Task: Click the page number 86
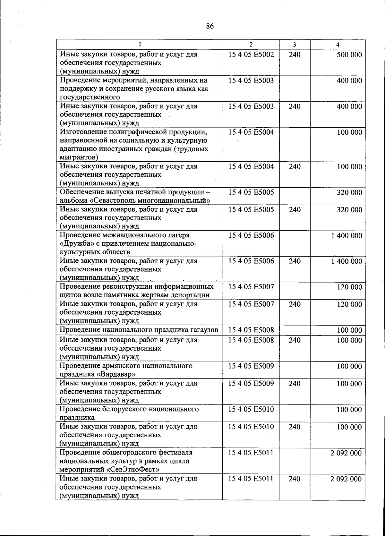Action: tap(210, 26)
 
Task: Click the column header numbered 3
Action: tap(294, 45)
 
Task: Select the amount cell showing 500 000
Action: tap(349, 55)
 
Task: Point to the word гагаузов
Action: tap(204, 330)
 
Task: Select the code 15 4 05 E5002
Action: tap(251, 55)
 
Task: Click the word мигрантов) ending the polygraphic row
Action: tap(79, 157)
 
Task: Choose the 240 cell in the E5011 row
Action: tap(294, 479)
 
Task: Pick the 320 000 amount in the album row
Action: tap(349, 193)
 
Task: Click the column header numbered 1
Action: tap(140, 45)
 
